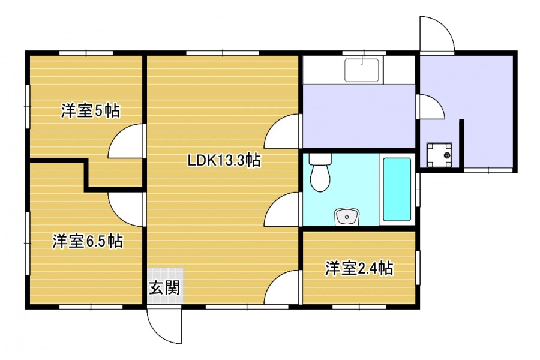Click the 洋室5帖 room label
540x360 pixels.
pyautogui.click(x=91, y=110)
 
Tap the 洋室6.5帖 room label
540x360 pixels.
pyautogui.click(x=88, y=241)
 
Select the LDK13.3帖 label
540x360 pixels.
pyautogui.click(x=224, y=160)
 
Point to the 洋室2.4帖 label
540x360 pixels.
pyautogui.click(x=359, y=268)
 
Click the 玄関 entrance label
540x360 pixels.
pyautogui.click(x=164, y=287)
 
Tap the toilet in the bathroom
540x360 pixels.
pyautogui.click(x=320, y=172)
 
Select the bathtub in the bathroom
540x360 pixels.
pyautogui.click(x=397, y=189)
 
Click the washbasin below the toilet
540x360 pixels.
pyautogui.click(x=347, y=217)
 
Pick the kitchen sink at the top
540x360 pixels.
pyautogui.click(x=362, y=70)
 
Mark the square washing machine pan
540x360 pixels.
pyautogui.click(x=439, y=155)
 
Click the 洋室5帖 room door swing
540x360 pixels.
pyautogui.click(x=125, y=141)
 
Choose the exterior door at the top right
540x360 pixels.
pyautogui.click(x=437, y=34)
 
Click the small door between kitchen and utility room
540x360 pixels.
pyautogui.click(x=430, y=106)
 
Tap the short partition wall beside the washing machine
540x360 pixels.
pyautogui.click(x=461, y=143)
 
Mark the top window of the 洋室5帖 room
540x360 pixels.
pyautogui.click(x=86, y=53)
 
